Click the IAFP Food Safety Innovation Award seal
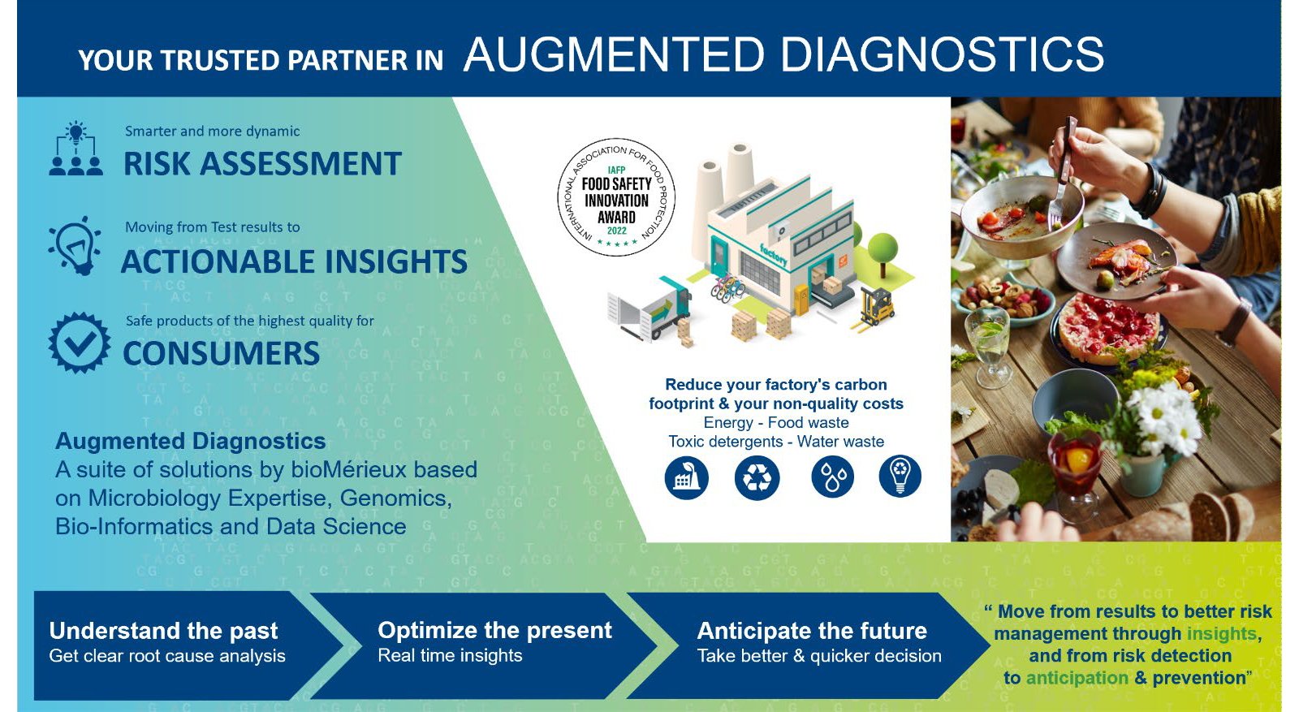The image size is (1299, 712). [616, 197]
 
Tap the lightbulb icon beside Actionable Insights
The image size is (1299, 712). [76, 246]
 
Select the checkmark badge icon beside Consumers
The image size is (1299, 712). [79, 343]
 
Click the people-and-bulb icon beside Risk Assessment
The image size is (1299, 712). [76, 149]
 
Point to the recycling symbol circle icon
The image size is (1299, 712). [757, 477]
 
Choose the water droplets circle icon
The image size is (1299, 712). [832, 477]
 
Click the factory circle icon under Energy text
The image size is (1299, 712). [687, 477]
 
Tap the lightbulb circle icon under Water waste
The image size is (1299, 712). [900, 477]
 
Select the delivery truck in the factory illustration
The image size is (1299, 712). [649, 308]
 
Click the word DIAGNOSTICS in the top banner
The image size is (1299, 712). [942, 54]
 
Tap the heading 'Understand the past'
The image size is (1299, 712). [163, 631]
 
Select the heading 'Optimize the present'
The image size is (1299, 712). [494, 630]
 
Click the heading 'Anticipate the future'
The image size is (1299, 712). [812, 631]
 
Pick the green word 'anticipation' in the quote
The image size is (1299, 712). [1077, 678]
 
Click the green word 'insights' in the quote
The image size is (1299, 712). [1221, 633]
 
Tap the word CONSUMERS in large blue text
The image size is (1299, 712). [221, 353]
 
